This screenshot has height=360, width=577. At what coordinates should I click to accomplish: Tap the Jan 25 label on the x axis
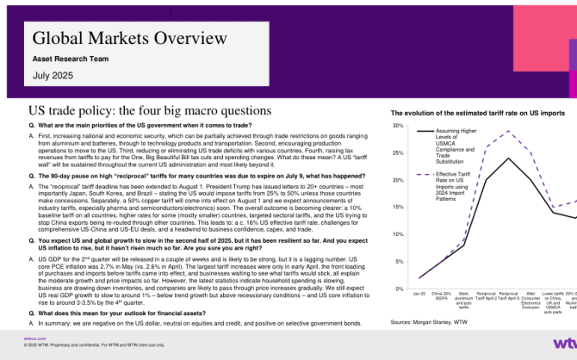point(419,295)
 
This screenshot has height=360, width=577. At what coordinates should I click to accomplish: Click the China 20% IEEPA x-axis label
point(441,297)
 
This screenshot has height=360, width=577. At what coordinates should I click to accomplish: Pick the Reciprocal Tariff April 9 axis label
point(509,297)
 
